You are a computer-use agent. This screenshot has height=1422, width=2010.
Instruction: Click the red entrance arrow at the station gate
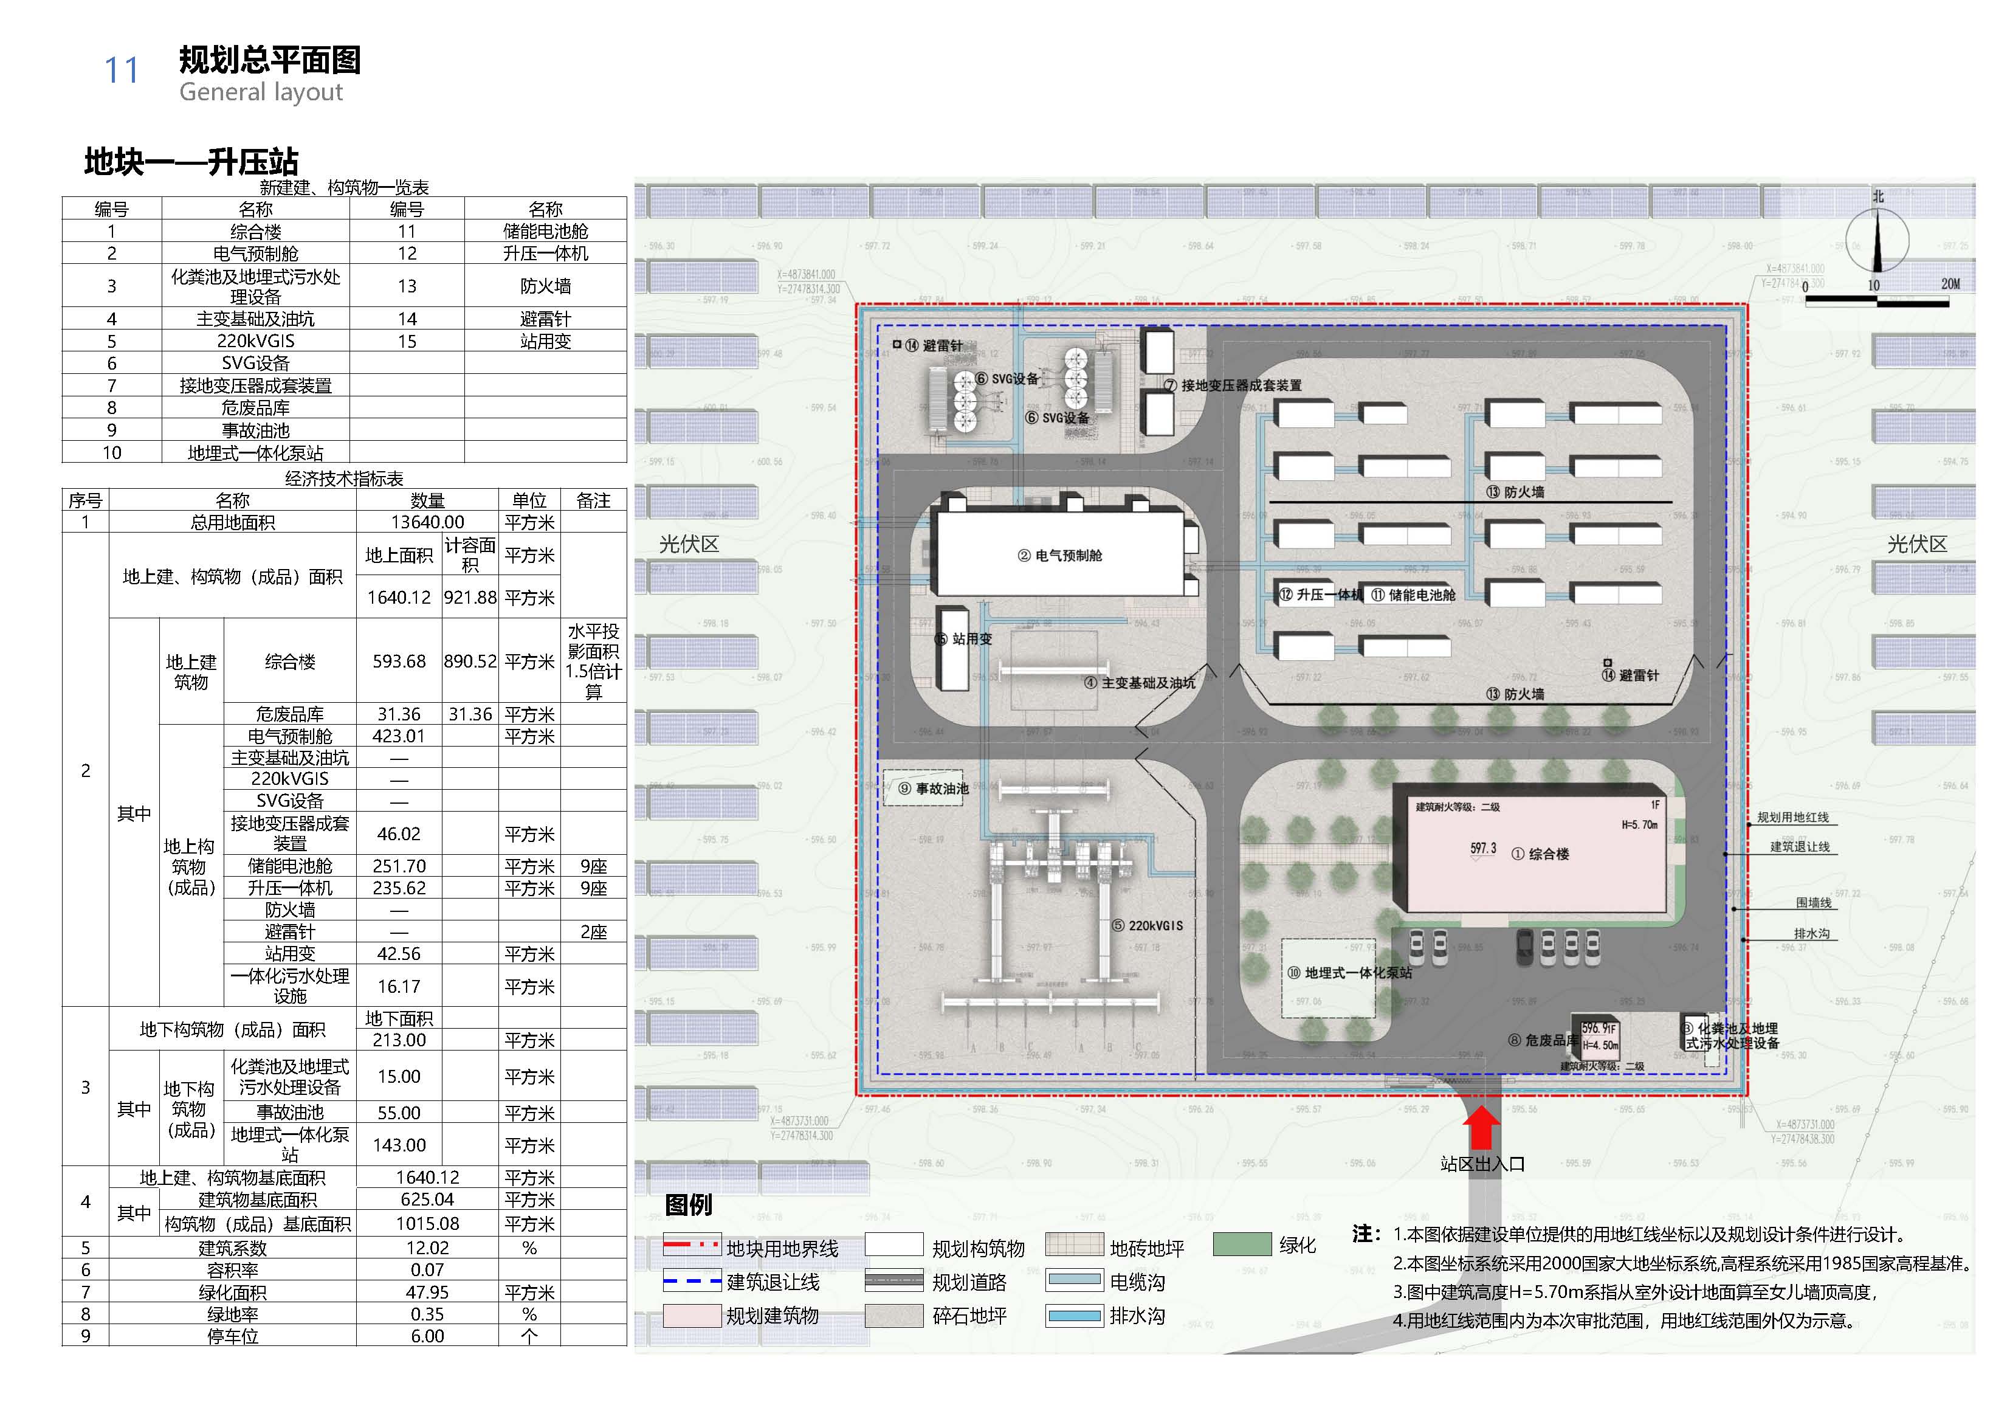(1481, 1128)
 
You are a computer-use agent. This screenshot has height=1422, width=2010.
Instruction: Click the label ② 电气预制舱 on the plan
(1059, 555)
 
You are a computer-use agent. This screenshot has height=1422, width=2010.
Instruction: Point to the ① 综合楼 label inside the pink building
(1540, 854)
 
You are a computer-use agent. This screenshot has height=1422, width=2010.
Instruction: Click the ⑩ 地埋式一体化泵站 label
(1349, 973)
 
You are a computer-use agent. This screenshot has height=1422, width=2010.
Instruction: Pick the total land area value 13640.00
(427, 522)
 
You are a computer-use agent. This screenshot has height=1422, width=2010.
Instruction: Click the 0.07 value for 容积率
(427, 1269)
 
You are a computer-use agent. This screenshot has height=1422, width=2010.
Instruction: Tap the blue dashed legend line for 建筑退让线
(692, 1282)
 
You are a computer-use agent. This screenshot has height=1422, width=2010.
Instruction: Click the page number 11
(122, 70)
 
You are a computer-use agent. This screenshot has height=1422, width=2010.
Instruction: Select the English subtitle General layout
(261, 92)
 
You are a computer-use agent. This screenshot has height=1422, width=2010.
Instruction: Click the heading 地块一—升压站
(191, 162)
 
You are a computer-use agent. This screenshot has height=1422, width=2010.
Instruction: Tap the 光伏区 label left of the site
(689, 545)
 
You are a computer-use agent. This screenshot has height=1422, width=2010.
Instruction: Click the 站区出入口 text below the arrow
(1482, 1164)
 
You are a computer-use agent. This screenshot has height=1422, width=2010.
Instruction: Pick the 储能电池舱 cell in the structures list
(545, 231)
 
